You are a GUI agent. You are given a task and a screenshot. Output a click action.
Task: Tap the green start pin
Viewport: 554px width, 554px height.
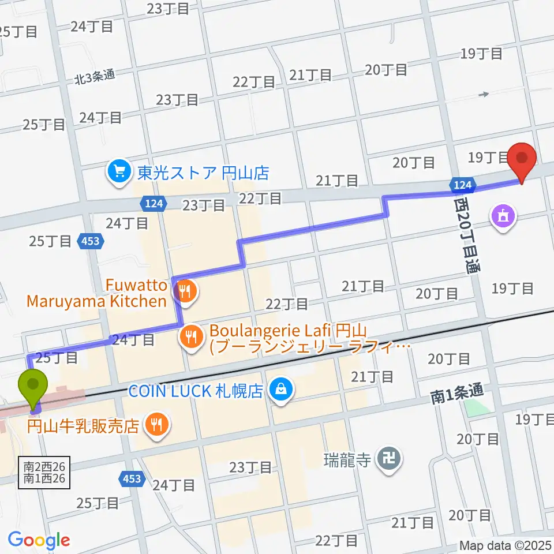34,385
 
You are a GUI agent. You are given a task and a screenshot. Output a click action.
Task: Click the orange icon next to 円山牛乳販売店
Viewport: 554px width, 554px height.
156,426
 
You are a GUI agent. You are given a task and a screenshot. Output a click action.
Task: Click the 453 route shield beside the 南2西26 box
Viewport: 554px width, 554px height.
132,478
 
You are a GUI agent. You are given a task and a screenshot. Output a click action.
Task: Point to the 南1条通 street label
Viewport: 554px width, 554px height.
456,395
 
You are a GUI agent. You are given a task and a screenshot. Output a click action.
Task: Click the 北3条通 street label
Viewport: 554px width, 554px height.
93,74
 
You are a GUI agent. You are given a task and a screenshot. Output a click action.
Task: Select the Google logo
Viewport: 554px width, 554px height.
39,541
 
